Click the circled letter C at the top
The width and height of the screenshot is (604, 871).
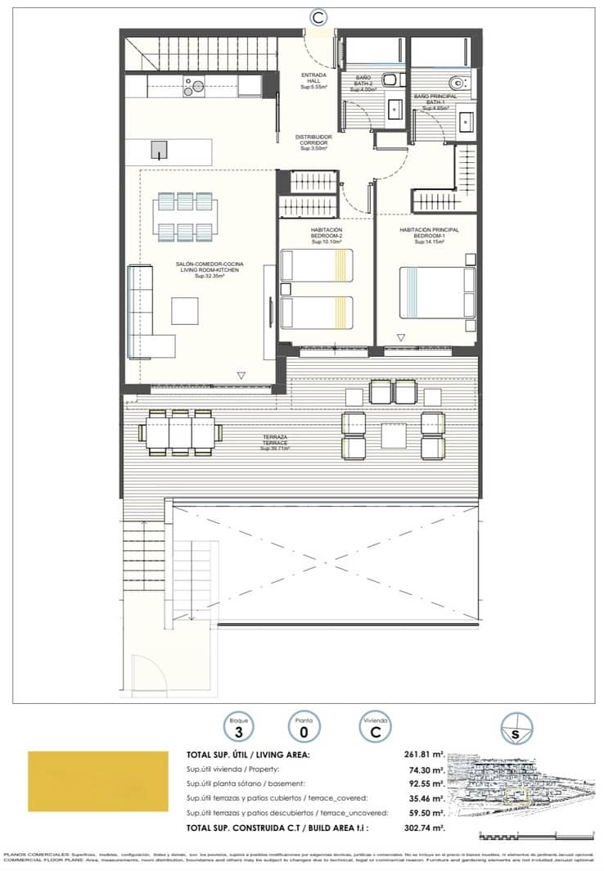point(320,16)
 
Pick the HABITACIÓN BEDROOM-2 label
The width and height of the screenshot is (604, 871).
point(326,236)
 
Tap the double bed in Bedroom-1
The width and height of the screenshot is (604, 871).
point(437,292)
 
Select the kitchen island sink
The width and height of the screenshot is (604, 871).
point(159,150)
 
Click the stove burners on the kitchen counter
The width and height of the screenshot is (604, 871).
point(195,85)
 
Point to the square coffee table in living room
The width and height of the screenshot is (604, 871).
point(184,311)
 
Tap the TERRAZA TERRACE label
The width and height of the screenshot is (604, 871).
point(275,443)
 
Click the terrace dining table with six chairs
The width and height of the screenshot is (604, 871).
point(180,431)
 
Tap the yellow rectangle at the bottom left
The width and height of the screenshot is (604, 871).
point(90,782)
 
